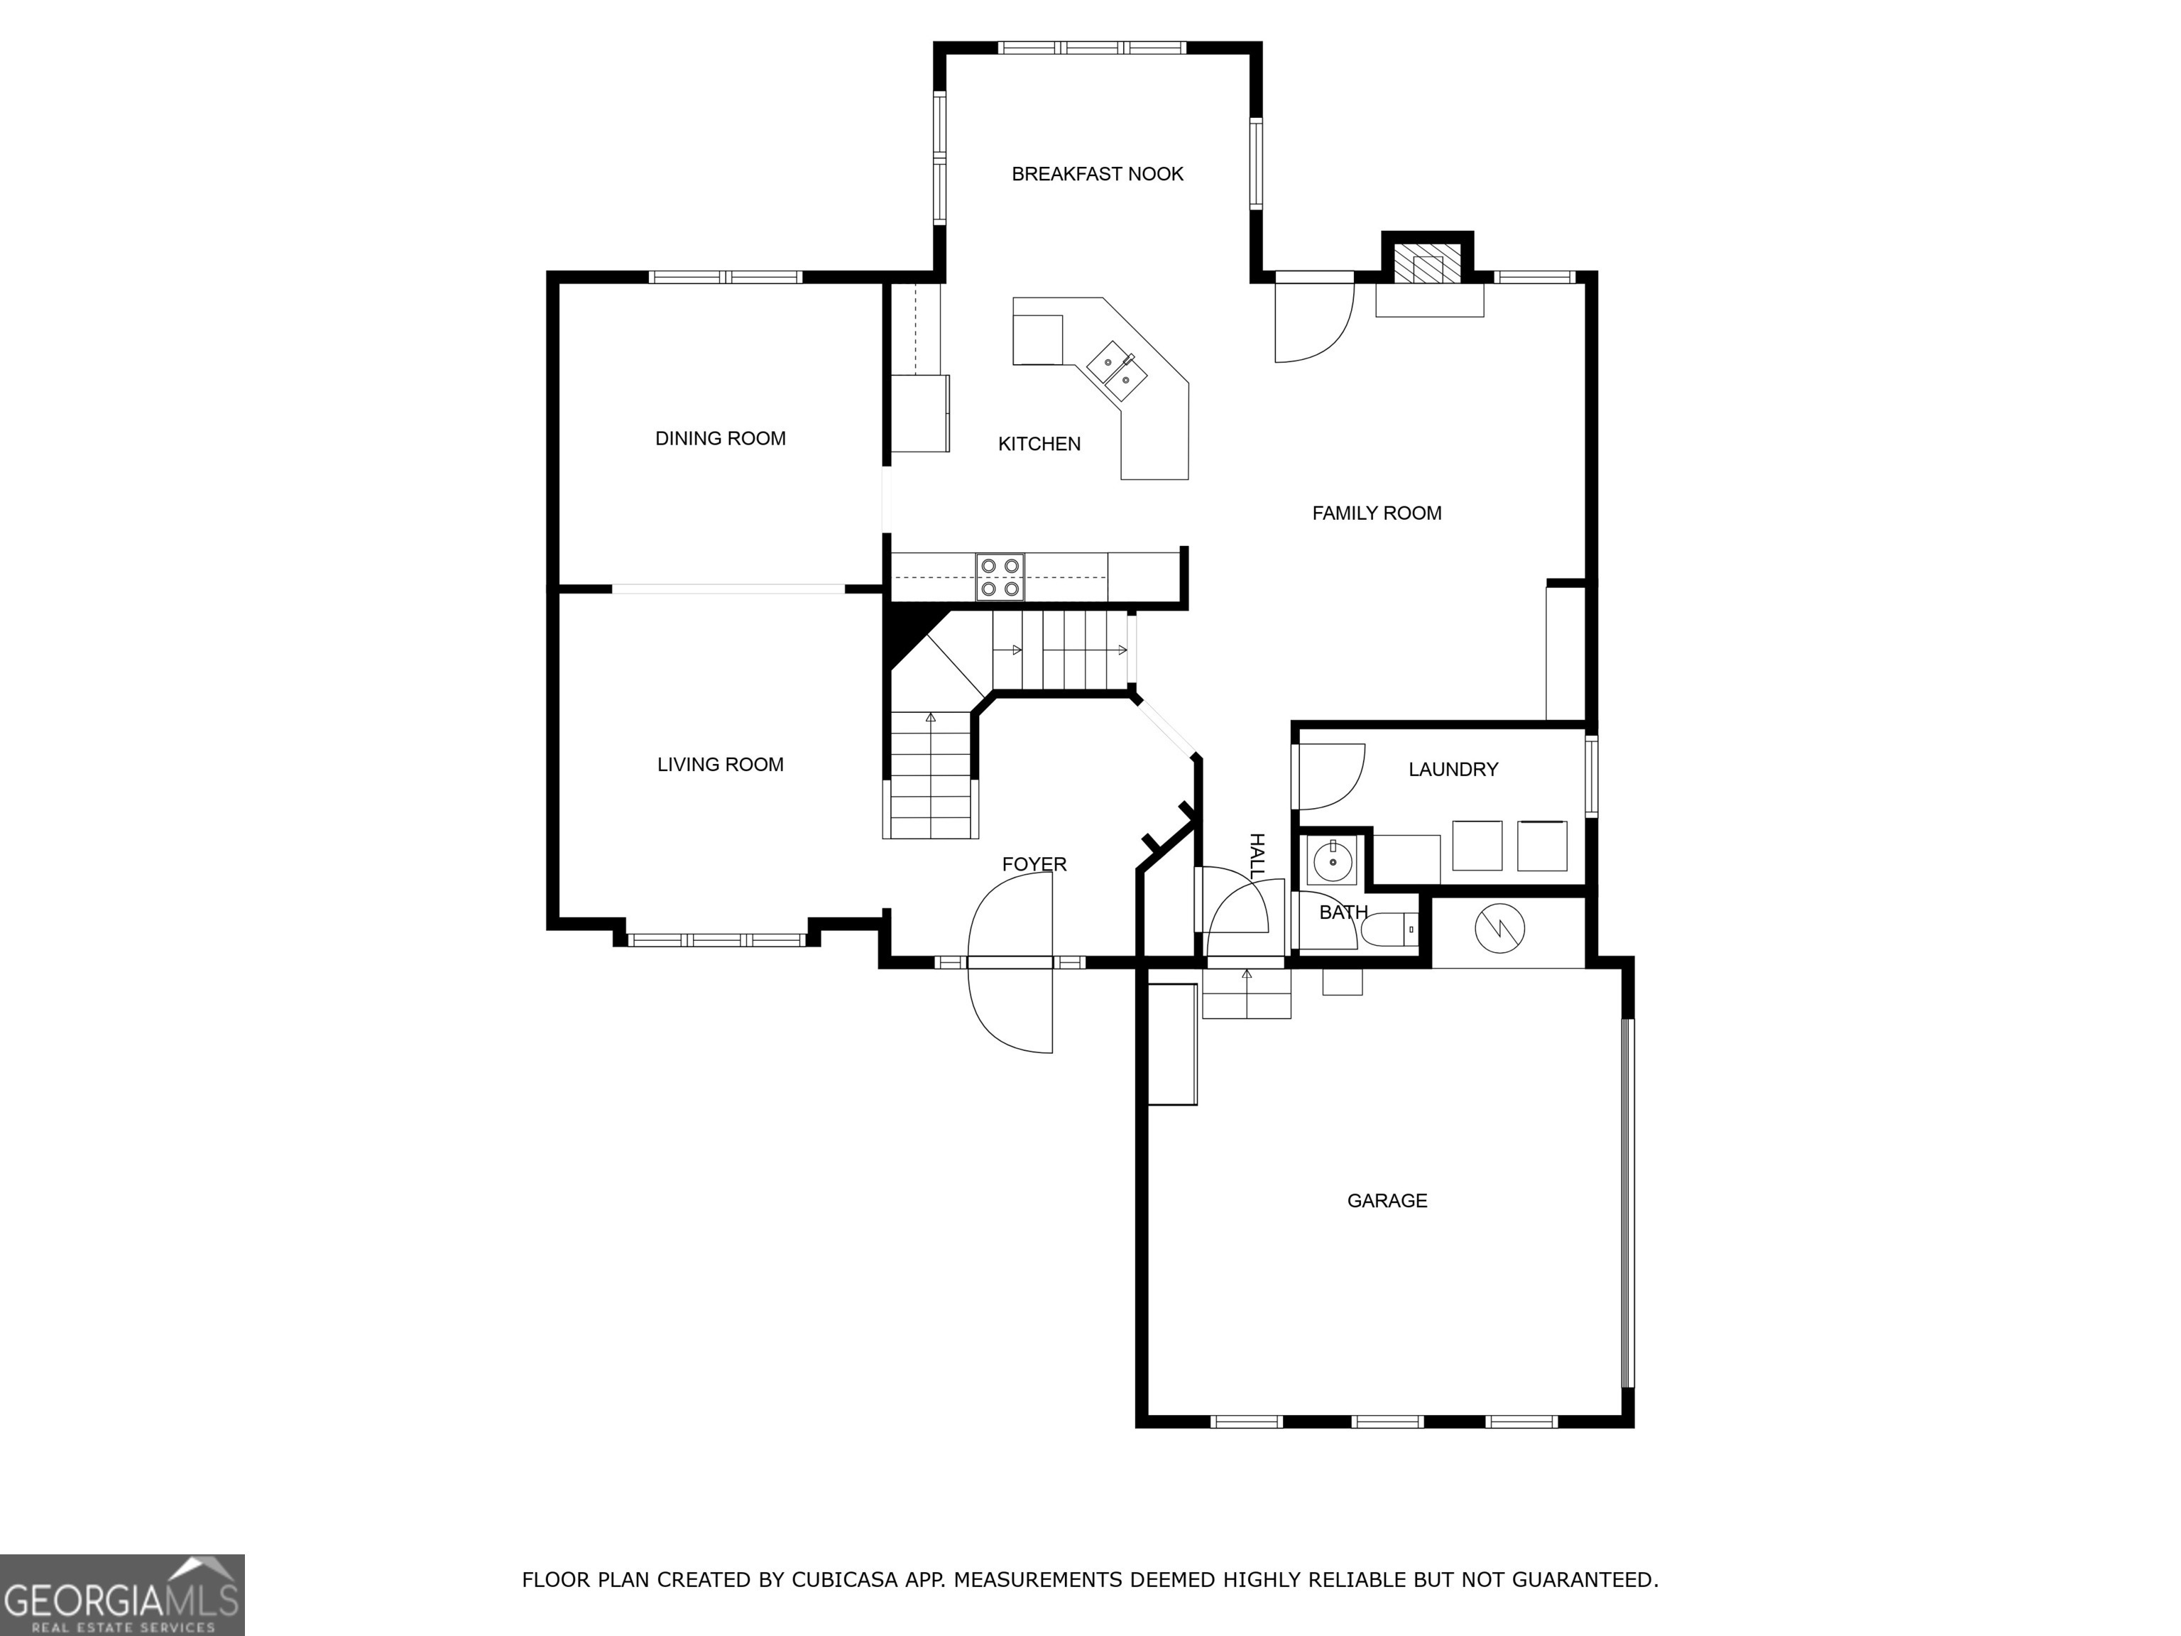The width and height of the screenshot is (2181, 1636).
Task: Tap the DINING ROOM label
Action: coord(720,439)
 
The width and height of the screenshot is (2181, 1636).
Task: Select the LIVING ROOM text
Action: coord(720,764)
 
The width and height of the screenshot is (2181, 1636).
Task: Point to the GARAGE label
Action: coord(1387,1200)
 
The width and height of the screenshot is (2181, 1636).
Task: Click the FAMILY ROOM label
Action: coord(1377,513)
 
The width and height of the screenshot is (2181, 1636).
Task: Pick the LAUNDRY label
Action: coord(1453,769)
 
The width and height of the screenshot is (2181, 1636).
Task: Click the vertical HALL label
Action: coord(1256,856)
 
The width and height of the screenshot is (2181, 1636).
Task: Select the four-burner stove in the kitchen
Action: coord(1000,577)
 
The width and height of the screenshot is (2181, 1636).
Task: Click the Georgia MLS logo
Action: coord(121,1595)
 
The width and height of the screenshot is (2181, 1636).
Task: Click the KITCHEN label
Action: coord(1039,444)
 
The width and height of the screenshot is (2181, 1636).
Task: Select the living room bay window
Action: coord(717,940)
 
